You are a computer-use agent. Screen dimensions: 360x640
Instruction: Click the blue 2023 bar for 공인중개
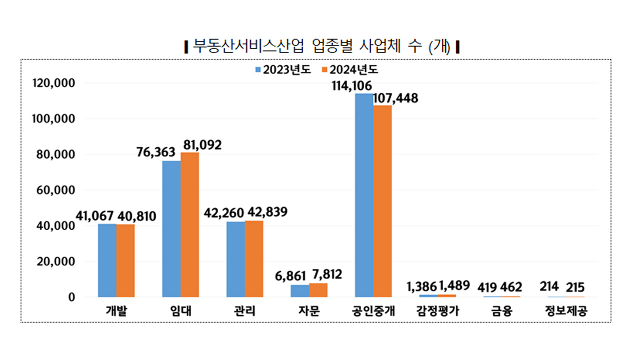(x=364, y=195)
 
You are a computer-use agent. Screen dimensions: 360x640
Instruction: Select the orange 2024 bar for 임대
(x=189, y=224)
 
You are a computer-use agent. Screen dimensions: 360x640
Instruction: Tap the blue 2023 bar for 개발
(x=107, y=260)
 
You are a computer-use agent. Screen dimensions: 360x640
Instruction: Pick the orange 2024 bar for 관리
(x=254, y=258)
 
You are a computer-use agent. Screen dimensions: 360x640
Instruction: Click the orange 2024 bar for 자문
(x=318, y=290)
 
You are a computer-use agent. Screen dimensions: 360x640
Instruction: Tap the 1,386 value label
(x=421, y=286)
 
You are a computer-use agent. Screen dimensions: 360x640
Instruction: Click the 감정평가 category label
(x=437, y=311)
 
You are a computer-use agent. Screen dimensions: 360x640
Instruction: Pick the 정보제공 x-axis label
(x=566, y=311)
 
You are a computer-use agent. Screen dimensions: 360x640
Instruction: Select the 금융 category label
(x=501, y=311)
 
